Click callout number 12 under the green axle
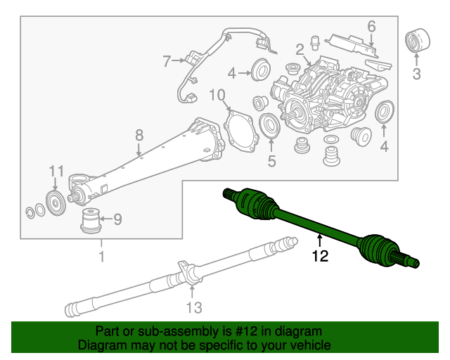coord(320,257)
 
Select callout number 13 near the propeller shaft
coord(194,307)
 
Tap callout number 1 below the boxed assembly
coord(101,257)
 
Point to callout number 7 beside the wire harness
coord(166,62)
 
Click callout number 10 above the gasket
coord(217,94)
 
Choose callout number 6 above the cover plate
coord(371,26)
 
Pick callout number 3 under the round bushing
coord(416,73)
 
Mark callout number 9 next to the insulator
coord(117,220)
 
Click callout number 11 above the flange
coord(56,171)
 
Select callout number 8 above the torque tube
coord(139,135)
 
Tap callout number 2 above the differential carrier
coord(300,49)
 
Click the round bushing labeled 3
coord(418,41)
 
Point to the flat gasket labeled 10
coord(240,133)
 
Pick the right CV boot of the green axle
coord(377,250)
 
